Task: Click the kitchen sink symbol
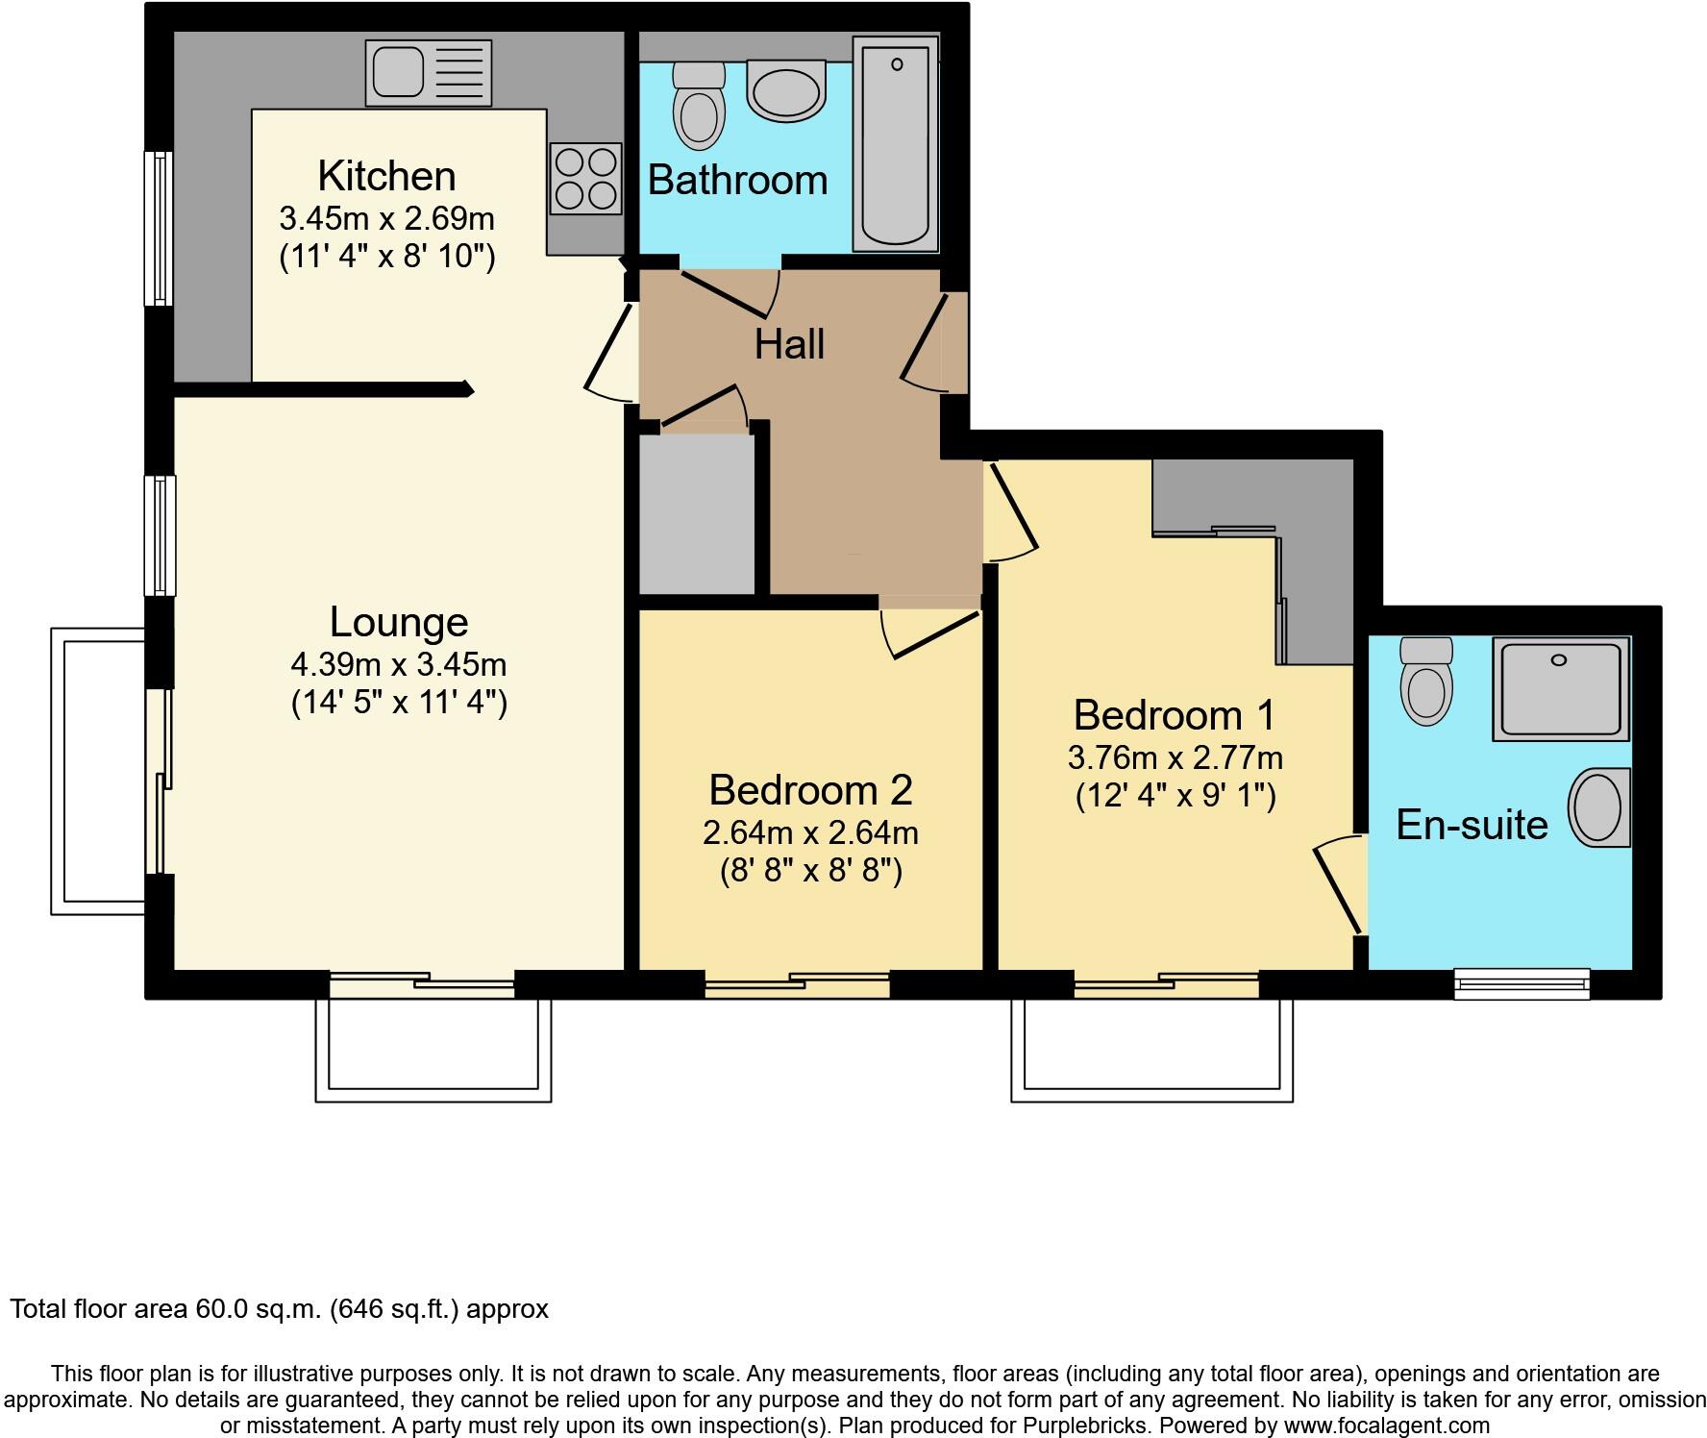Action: click(428, 73)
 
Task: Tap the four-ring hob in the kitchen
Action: click(585, 178)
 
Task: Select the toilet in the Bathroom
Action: click(700, 106)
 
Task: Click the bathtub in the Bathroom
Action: click(896, 144)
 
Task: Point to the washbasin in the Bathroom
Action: click(786, 90)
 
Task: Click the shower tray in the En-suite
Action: click(1561, 688)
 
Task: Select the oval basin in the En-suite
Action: click(1600, 807)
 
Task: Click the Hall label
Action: click(789, 344)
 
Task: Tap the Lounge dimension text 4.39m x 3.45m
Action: click(399, 664)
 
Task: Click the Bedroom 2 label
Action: click(810, 790)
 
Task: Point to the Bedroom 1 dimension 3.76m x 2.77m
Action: click(1175, 758)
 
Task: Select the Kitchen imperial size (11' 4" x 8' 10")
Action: click(386, 257)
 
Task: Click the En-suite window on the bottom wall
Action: click(1521, 982)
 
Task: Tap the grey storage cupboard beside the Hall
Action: click(697, 514)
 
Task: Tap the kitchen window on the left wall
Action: click(159, 228)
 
